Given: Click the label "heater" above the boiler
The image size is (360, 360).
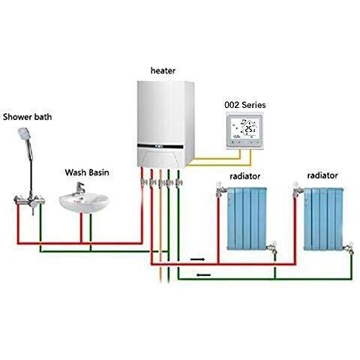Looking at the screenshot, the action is (x=163, y=70).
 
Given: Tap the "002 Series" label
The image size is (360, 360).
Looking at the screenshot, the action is (x=245, y=105).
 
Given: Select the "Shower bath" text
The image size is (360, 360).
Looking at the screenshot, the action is (x=27, y=117).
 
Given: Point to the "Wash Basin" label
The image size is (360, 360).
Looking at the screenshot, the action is (x=87, y=172).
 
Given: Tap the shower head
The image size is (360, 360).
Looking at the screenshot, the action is (x=24, y=133).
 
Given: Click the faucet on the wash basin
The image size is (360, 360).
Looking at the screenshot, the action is (x=79, y=188).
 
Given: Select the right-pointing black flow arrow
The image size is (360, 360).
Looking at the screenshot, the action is (x=197, y=259).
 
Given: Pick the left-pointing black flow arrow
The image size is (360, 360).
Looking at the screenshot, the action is (x=203, y=275).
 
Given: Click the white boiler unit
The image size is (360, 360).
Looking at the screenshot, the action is (x=166, y=124).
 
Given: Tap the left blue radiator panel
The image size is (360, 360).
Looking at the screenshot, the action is (x=247, y=219).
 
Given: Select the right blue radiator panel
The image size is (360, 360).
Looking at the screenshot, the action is (x=323, y=219).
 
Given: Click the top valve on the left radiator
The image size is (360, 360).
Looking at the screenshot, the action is (x=220, y=189).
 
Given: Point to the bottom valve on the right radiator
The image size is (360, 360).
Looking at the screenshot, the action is (x=349, y=248).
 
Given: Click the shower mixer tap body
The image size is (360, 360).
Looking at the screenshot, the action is (x=29, y=200).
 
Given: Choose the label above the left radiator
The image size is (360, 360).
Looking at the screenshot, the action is (x=245, y=176).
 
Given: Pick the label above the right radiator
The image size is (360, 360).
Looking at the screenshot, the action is (x=322, y=175).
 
